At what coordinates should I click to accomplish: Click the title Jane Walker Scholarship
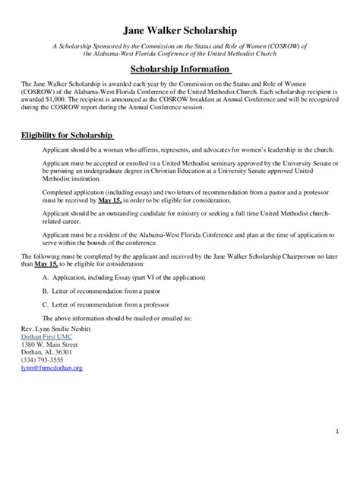tap(180, 30)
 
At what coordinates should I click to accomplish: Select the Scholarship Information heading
tap(180, 68)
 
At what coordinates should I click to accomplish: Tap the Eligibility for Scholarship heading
tap(66, 136)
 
